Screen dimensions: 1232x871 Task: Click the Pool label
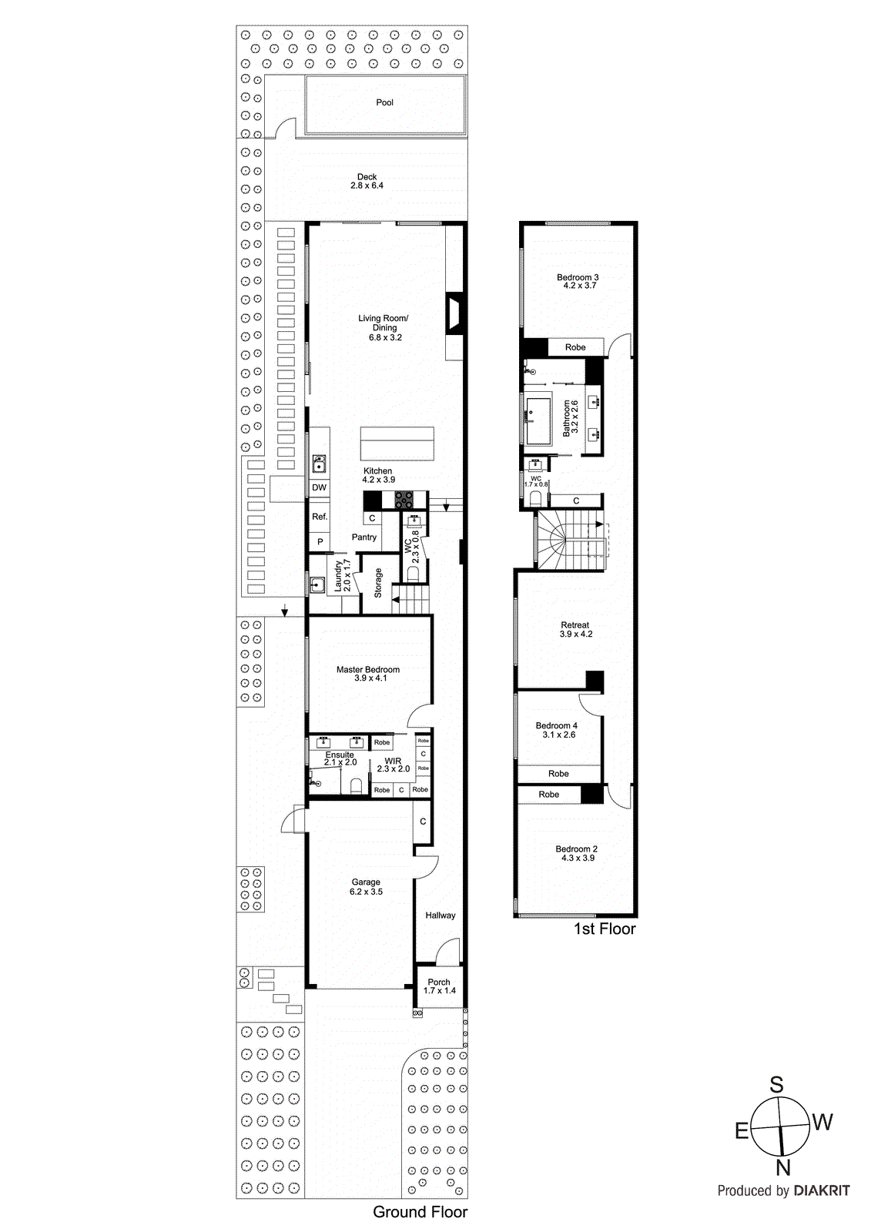click(x=384, y=102)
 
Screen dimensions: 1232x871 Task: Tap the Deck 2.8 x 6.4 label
click(x=367, y=182)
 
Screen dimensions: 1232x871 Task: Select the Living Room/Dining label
click(x=384, y=327)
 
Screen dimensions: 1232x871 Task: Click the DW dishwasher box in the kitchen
click(x=319, y=488)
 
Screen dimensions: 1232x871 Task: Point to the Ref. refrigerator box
click(x=319, y=517)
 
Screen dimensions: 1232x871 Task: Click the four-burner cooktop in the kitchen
click(x=404, y=500)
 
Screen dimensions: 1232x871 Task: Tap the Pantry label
click(x=364, y=537)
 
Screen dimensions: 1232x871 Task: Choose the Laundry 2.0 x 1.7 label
click(x=342, y=575)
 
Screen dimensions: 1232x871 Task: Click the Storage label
click(x=378, y=583)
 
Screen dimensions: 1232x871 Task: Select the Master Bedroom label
click(x=368, y=674)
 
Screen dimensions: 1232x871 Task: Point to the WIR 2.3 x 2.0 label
click(x=393, y=765)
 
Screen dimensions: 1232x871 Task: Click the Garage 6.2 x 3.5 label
click(x=366, y=887)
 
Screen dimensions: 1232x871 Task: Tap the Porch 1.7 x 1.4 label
click(x=439, y=986)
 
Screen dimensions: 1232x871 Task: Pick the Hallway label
click(x=440, y=916)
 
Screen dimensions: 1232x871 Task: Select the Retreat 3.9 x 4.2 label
click(x=575, y=630)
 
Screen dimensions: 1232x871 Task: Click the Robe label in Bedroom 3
click(x=575, y=347)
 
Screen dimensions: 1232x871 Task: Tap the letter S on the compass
click(x=776, y=1085)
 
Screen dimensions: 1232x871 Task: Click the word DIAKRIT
click(x=822, y=1190)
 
